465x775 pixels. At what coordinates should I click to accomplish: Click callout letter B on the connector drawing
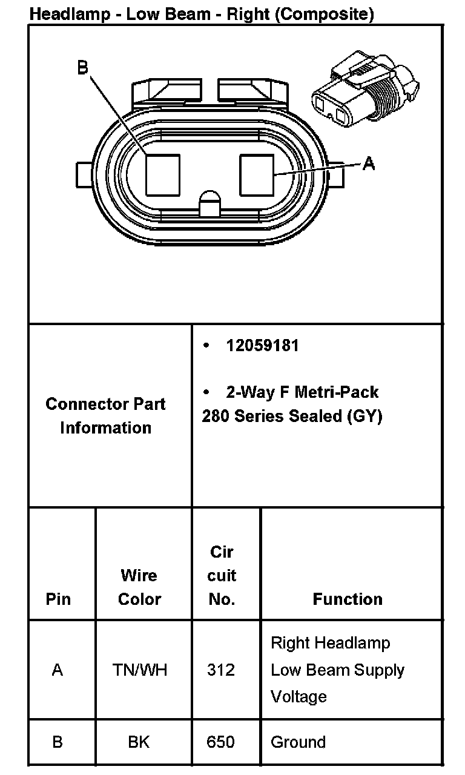point(83,67)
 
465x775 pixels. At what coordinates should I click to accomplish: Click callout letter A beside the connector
point(368,163)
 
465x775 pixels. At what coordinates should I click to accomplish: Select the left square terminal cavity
point(163,174)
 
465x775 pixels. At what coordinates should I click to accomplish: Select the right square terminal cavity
point(257,174)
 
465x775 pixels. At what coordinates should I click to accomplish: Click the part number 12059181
point(262,346)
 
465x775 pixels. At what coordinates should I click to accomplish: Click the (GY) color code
point(364,417)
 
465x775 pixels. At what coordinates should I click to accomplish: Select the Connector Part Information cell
point(105,416)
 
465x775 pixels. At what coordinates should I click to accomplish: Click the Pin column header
point(58,599)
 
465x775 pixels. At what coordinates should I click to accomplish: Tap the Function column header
point(348,599)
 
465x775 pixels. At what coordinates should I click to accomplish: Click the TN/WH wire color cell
point(140,670)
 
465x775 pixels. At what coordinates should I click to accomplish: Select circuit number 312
point(221,670)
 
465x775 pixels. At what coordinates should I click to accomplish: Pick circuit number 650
point(220,742)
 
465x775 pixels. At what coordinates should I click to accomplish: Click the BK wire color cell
point(139,742)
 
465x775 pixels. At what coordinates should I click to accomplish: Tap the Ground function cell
point(298,742)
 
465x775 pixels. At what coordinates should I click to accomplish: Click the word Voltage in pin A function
point(298,697)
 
